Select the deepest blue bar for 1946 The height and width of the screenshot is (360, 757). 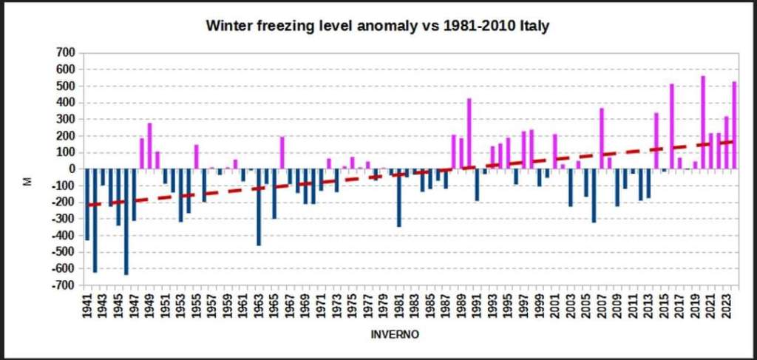[x=126, y=222]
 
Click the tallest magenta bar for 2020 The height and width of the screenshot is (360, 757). [x=703, y=122]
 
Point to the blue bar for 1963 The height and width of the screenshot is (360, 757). [x=259, y=207]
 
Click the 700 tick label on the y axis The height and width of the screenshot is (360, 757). [x=66, y=52]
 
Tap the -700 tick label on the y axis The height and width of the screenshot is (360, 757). [x=64, y=285]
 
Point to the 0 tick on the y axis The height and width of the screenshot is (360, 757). [x=72, y=169]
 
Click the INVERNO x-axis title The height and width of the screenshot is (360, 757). [x=395, y=335]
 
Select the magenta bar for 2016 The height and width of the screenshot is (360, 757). [x=672, y=126]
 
